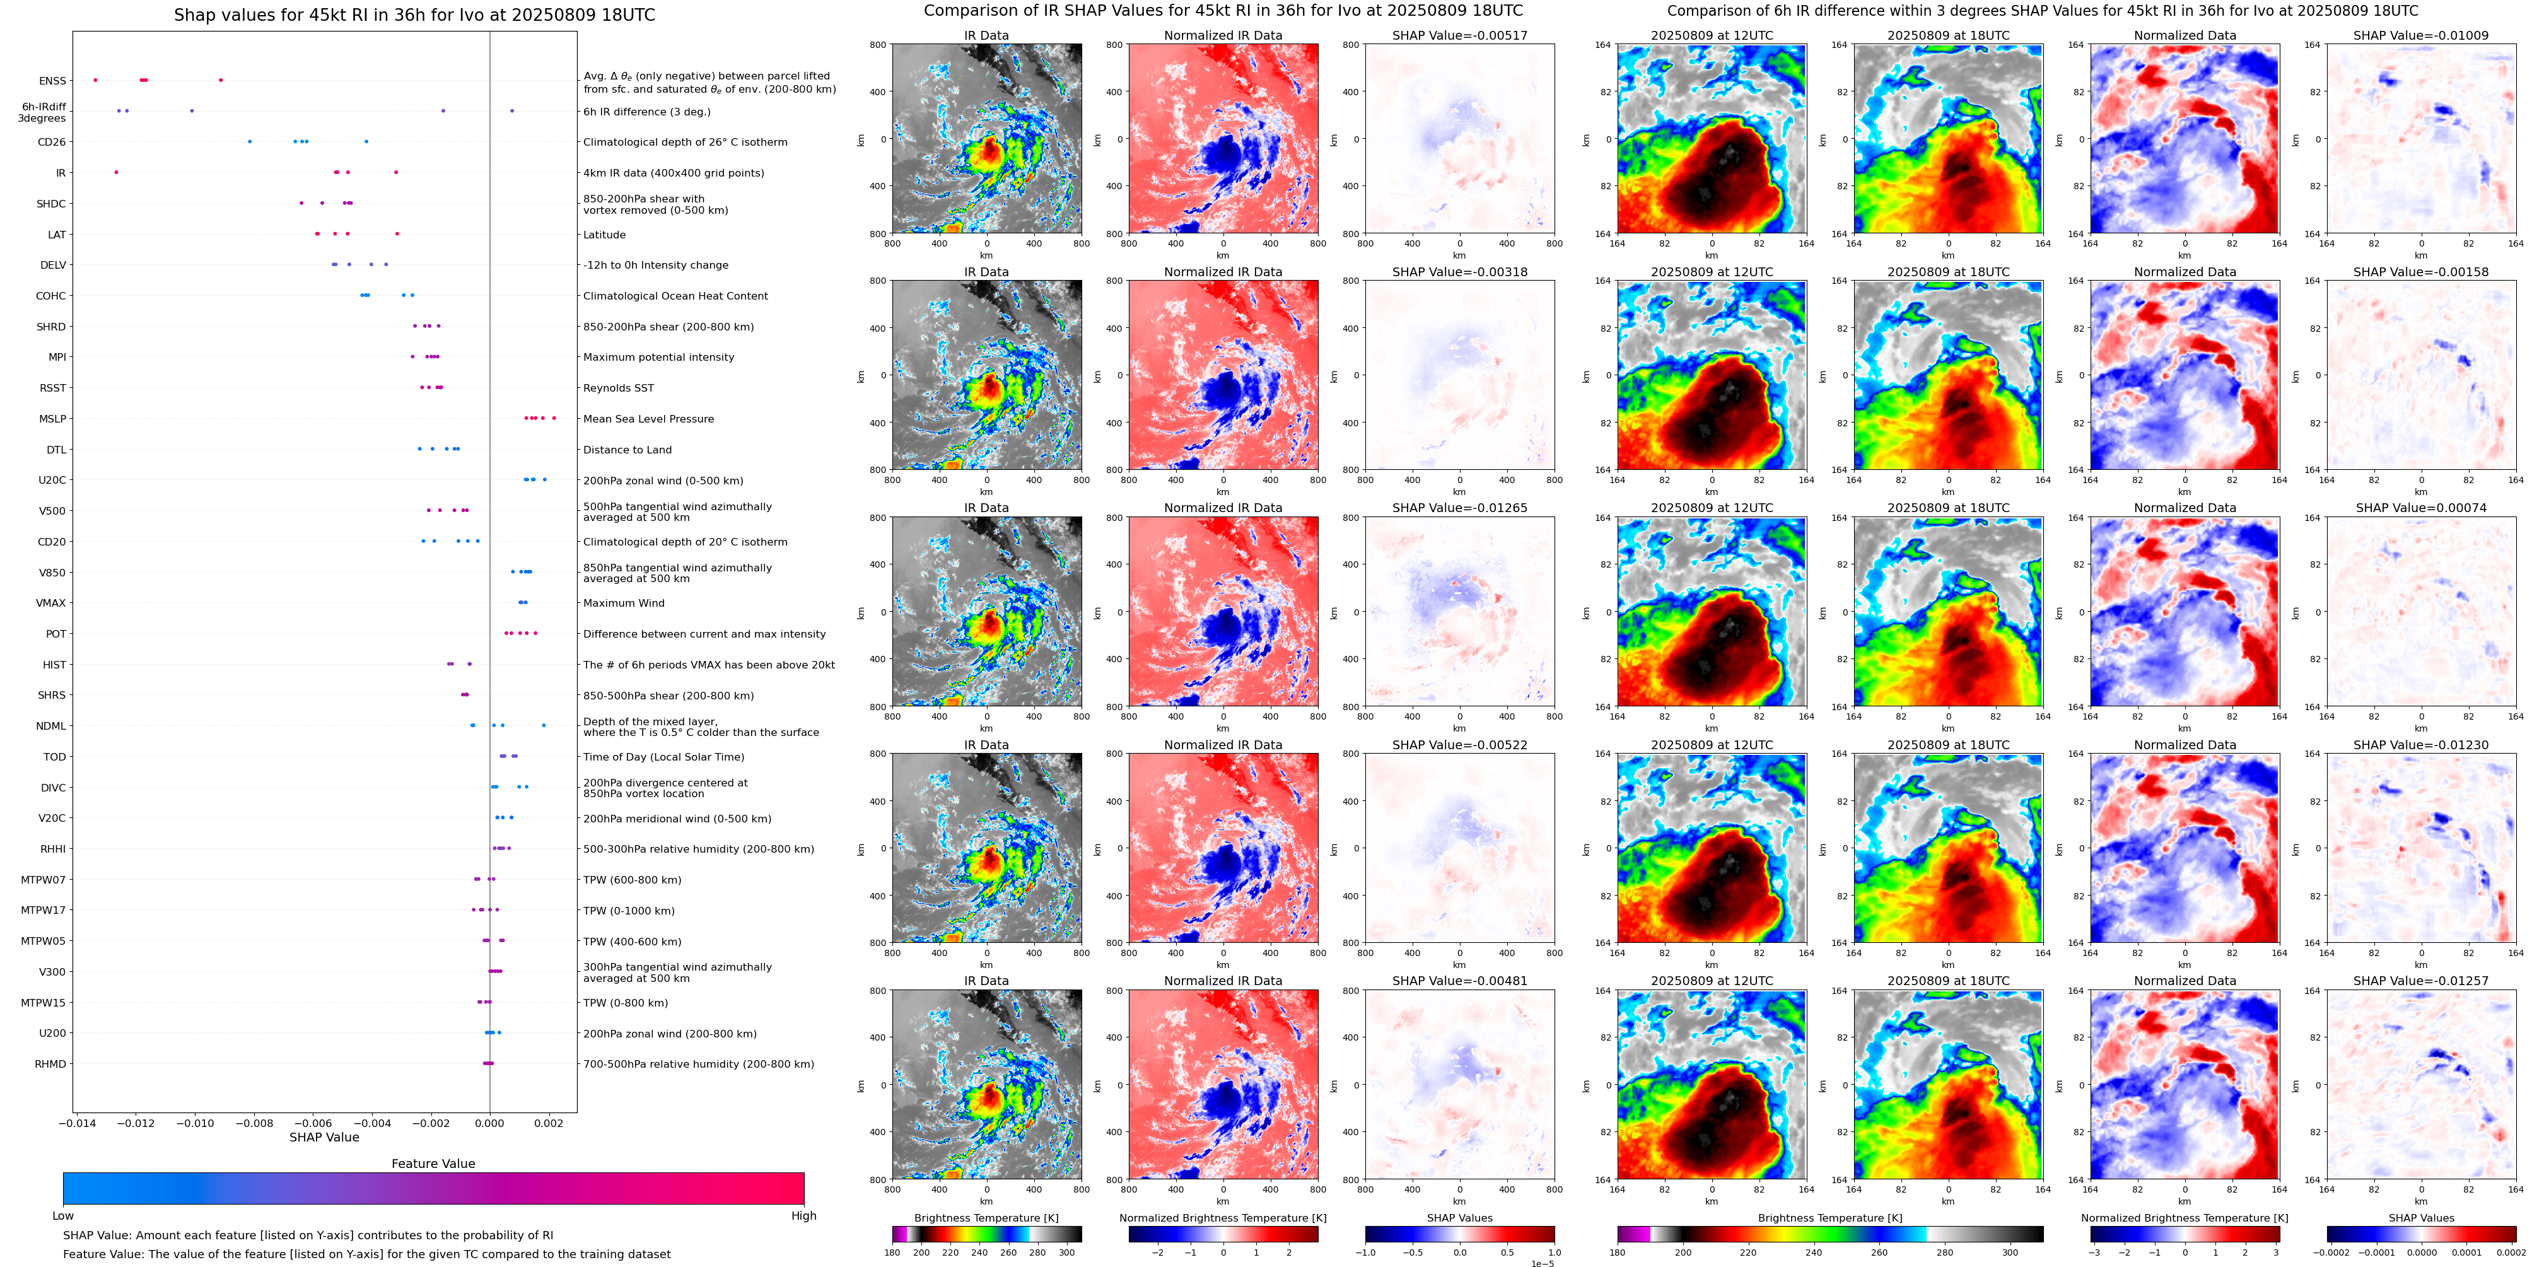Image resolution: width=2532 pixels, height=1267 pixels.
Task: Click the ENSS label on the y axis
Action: point(52,81)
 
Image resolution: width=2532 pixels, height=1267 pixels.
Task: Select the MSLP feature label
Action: point(52,419)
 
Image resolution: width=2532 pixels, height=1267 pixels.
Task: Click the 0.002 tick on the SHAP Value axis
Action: point(549,1123)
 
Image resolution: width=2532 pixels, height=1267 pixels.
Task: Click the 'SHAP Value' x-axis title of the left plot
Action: point(324,1137)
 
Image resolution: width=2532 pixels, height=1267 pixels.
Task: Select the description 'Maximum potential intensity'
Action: point(658,357)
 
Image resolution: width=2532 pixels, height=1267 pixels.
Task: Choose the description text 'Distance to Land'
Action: point(627,449)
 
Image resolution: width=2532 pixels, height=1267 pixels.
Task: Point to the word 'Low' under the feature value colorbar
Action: point(63,1216)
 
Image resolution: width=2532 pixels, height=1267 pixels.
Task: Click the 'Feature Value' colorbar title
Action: point(433,1164)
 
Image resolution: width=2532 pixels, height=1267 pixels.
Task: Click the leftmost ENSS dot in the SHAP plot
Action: point(95,79)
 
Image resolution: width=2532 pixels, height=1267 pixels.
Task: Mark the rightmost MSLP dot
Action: point(554,417)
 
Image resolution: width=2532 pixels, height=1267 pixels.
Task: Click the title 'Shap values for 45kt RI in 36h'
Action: point(414,15)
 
